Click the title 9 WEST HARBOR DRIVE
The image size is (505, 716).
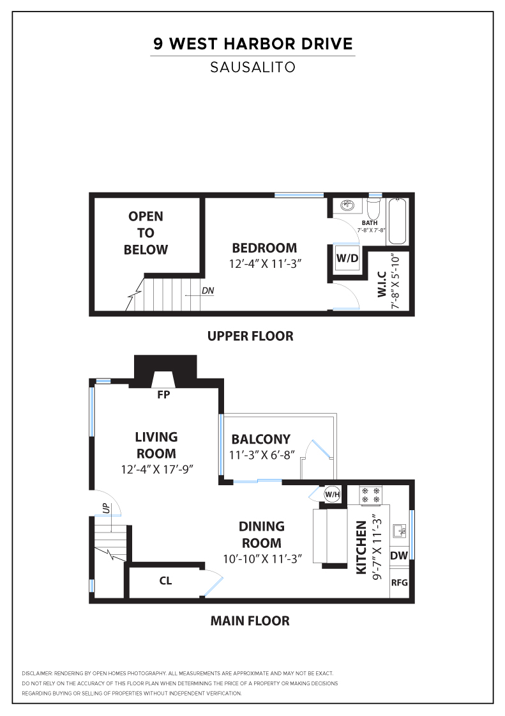click(253, 44)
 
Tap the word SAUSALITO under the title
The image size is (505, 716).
click(253, 68)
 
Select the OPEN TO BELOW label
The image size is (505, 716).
click(146, 233)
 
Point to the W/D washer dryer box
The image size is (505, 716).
click(347, 258)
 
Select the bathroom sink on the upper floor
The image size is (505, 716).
click(347, 205)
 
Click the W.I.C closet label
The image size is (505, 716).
click(382, 284)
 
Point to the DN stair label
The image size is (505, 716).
click(207, 290)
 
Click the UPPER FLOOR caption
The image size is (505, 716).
click(250, 336)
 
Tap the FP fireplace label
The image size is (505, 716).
click(163, 394)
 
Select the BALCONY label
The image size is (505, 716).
click(261, 439)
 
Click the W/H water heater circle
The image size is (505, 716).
click(332, 494)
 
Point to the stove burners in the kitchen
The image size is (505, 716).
click(370, 495)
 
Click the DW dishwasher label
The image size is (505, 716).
click(399, 556)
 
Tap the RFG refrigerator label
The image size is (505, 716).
click(400, 582)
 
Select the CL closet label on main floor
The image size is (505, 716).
click(165, 580)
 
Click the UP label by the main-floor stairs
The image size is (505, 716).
click(106, 508)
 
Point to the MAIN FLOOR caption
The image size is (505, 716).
click(250, 621)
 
